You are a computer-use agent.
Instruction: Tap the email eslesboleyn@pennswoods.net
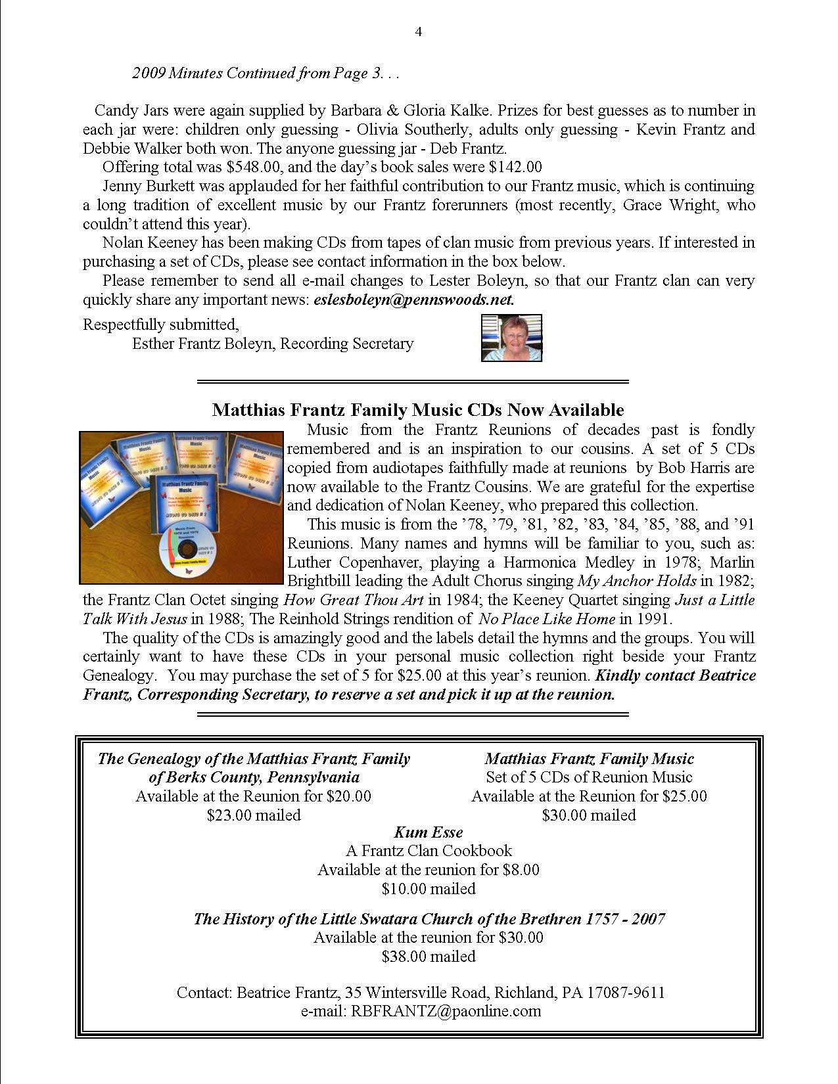(414, 300)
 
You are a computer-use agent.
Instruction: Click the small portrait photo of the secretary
(511, 338)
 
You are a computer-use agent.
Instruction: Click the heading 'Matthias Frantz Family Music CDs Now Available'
(418, 410)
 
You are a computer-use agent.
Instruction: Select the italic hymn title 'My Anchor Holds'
(636, 581)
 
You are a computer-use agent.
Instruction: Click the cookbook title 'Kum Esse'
(428, 832)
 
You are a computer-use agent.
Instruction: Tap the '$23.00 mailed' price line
(254, 815)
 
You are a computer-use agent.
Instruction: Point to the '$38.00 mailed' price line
(428, 957)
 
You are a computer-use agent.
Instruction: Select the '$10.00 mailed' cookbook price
(428, 889)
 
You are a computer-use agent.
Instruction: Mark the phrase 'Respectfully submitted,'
(161, 325)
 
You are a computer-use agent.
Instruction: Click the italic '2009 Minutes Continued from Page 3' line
(266, 73)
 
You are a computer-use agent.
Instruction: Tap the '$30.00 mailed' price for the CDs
(589, 815)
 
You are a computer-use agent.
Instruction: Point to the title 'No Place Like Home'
(547, 619)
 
